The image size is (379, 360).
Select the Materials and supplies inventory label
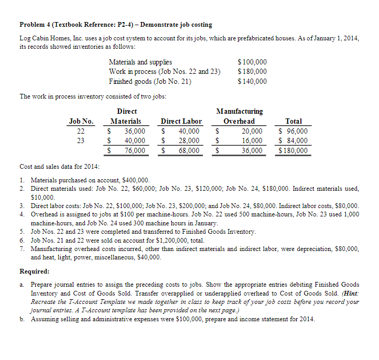tap(140, 62)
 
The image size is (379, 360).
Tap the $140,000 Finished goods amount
tap(252, 81)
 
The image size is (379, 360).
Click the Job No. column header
tap(81, 121)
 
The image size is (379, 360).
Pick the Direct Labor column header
tap(181, 121)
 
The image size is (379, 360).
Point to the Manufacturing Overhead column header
tap(239, 116)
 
